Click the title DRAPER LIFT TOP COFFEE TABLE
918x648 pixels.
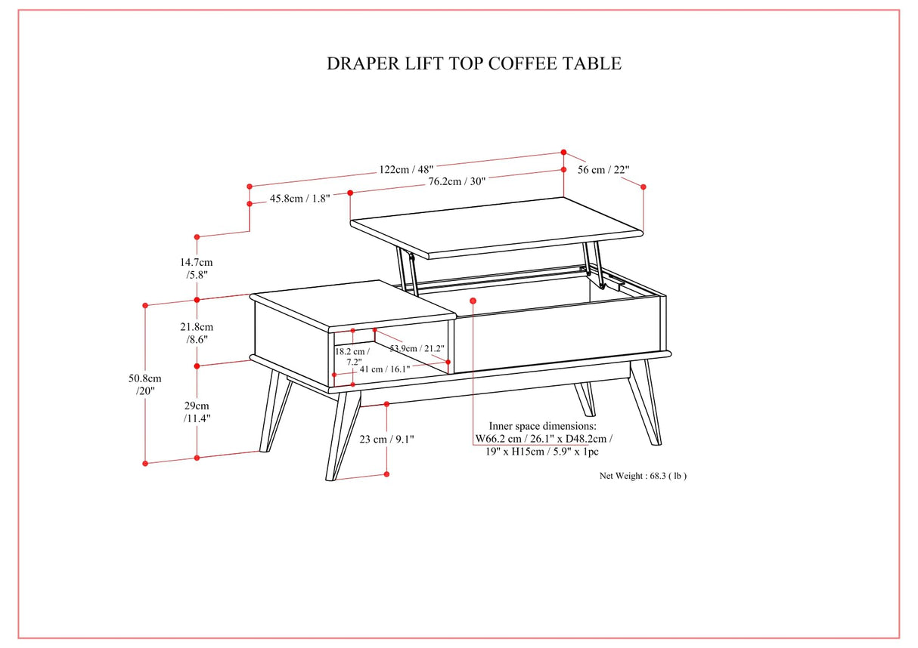pos(473,63)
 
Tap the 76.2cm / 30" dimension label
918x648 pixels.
pos(457,182)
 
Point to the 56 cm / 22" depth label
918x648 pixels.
pos(603,170)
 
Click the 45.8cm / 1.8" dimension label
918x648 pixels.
pos(299,199)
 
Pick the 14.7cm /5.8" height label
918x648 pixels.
pos(196,268)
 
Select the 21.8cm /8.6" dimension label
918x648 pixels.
pos(196,333)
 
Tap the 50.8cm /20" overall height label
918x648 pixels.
pos(145,384)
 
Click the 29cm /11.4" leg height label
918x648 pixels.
pos(197,412)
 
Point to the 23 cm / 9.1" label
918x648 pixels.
pos(387,439)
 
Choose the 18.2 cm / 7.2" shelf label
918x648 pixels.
pos(353,356)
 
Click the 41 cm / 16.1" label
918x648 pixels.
pos(384,369)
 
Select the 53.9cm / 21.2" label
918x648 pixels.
pos(417,348)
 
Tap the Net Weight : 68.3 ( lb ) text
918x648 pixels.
pos(643,476)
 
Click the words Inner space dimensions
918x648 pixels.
pos(542,426)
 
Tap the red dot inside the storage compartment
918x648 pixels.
pos(473,301)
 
